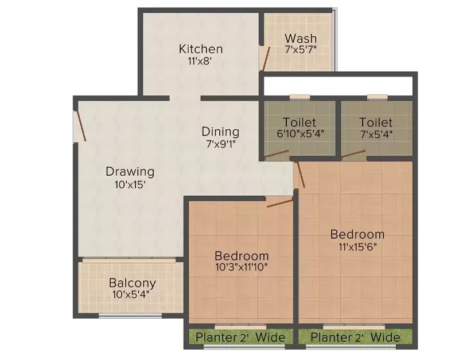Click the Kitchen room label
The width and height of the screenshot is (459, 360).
tap(200, 49)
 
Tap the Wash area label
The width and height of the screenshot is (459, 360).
tap(301, 38)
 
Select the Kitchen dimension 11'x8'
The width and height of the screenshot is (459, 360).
tap(200, 61)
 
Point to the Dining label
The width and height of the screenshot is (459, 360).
tap(220, 131)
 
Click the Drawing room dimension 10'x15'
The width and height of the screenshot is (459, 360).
tap(130, 185)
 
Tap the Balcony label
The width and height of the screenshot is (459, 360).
tap(133, 283)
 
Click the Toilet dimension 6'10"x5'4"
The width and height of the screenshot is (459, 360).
tap(300, 134)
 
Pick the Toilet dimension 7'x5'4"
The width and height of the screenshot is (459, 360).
tap(376, 134)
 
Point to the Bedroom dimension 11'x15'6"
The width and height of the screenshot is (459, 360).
tap(357, 247)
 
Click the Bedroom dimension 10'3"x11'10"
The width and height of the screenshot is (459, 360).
tap(242, 267)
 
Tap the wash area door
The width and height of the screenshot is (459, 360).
tap(265, 59)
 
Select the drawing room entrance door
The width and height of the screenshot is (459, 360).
tap(80, 125)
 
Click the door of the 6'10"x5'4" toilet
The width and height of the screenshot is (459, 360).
tap(277, 154)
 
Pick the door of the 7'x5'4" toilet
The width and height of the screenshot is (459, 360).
tap(353, 154)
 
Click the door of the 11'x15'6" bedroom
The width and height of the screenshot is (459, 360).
tap(300, 175)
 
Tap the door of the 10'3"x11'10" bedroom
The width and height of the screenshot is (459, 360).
tap(280, 203)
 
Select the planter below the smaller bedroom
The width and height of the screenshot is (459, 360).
tap(240, 337)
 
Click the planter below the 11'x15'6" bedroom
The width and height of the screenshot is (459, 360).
tap(355, 337)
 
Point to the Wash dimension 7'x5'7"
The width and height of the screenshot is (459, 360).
tap(301, 49)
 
